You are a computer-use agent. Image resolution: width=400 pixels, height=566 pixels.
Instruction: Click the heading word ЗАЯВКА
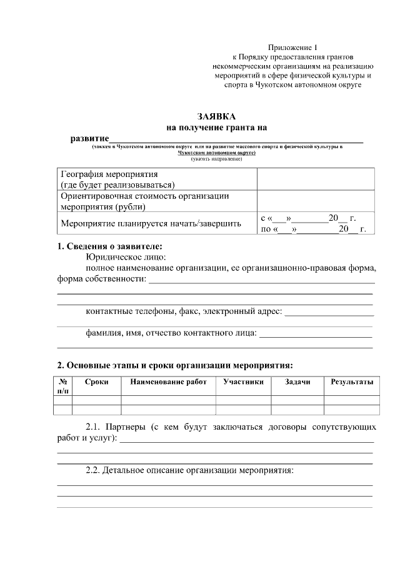point(216,117)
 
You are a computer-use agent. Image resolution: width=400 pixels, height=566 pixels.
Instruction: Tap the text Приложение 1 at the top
point(292,48)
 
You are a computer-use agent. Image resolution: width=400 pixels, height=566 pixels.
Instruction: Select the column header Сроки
point(96,382)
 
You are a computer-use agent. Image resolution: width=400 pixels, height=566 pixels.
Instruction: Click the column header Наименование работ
point(168,382)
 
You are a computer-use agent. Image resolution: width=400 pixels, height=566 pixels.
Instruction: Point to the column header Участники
point(243,382)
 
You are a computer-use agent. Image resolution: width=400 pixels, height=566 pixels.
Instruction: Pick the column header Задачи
point(297,382)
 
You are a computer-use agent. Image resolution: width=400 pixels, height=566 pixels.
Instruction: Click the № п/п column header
point(62,386)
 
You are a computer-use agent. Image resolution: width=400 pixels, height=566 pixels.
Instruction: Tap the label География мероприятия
point(108,174)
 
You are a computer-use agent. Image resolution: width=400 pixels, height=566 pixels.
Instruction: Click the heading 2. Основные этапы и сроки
point(175,365)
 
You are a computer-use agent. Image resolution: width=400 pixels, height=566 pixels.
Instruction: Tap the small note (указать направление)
point(216,159)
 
